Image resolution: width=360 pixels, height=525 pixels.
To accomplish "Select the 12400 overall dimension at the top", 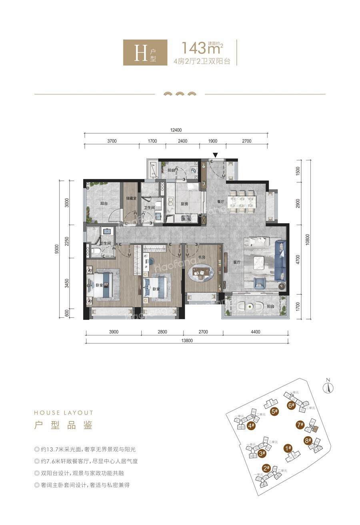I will click(x=176, y=130).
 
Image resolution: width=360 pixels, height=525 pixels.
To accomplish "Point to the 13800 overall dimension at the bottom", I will click(x=187, y=341).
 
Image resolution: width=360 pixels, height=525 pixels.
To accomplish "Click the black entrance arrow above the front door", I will click(x=215, y=155).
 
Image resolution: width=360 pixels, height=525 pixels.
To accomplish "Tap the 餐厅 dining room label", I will click(x=220, y=202).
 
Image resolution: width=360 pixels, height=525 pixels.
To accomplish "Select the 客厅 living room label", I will click(x=236, y=263).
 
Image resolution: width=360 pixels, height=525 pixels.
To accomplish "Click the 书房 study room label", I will click(x=201, y=258).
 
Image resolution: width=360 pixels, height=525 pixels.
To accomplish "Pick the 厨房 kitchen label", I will click(x=184, y=204).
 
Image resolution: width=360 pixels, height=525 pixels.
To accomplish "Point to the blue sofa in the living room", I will click(x=281, y=265).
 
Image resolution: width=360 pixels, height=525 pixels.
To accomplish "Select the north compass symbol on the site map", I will click(x=328, y=387).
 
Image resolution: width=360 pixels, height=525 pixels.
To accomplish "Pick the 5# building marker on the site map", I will click(x=274, y=411).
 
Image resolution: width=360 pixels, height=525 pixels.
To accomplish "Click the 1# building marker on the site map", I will click(x=288, y=448).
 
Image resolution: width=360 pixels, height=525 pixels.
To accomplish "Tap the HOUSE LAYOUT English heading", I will click(x=64, y=413).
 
